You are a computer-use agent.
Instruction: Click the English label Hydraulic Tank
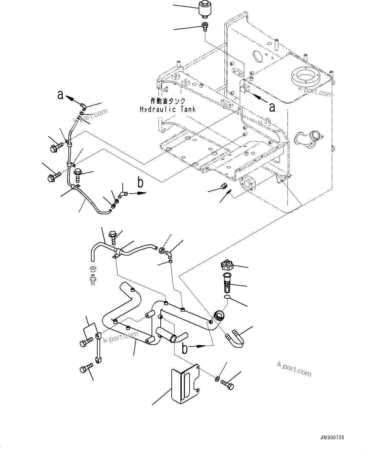tap(168, 109)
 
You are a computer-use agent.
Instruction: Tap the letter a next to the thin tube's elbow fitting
tap(60, 95)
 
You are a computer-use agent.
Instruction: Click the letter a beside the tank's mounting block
tap(272, 107)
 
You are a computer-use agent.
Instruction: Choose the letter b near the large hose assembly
tap(186, 348)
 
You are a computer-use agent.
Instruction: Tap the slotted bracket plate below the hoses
tap(185, 384)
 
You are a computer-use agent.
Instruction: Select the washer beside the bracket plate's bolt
tap(218, 377)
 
